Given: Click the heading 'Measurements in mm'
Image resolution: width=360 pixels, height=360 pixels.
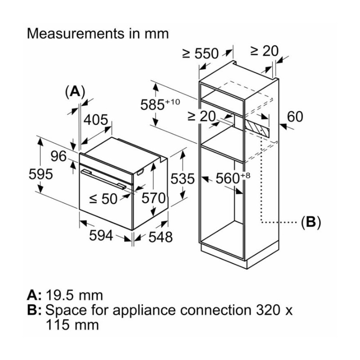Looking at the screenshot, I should coord(98,34).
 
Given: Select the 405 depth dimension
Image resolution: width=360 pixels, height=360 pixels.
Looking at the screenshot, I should coord(96,120).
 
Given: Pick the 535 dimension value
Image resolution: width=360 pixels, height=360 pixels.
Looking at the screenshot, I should coord(182,179).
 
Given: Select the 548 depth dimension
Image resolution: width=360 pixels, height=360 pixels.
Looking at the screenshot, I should coord(160,237).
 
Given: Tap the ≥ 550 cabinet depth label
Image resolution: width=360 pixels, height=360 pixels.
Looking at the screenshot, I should coord(200,54).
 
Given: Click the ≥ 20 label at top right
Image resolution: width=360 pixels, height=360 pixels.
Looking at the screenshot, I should coord(264,51).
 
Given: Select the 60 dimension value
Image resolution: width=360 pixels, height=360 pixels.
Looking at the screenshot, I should coord(295,117).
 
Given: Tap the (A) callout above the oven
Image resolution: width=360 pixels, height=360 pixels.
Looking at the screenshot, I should coord(75,92).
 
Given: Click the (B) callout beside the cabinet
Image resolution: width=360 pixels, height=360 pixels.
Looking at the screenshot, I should coord(310,222).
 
